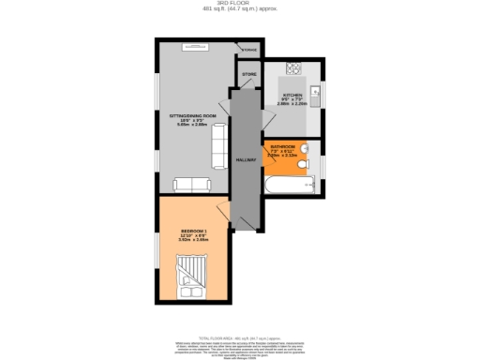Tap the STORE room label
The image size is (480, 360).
(248, 73)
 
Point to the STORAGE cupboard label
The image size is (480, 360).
(249, 50)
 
